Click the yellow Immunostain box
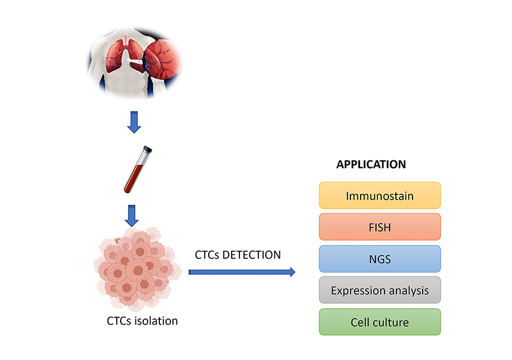pyautogui.click(x=380, y=195)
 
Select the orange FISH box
pyautogui.click(x=380, y=227)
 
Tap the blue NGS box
pyautogui.click(x=380, y=259)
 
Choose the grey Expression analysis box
pyautogui.click(x=380, y=290)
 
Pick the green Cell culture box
pyautogui.click(x=380, y=322)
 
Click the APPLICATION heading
pyautogui.click(x=371, y=164)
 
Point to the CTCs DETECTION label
pyautogui.click(x=238, y=255)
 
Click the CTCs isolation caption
pyautogui.click(x=142, y=321)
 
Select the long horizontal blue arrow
pyautogui.click(x=242, y=272)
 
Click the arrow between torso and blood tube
pyautogui.click(x=134, y=122)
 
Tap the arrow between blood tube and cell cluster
pyautogui.click(x=131, y=216)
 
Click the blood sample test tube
pyautogui.click(x=138, y=169)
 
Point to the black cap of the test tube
pyautogui.click(x=148, y=149)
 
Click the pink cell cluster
pyautogui.click(x=138, y=269)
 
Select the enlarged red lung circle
pyautogui.click(x=163, y=59)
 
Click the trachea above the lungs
pyautogui.click(x=126, y=39)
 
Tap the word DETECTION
pyautogui.click(x=251, y=255)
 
